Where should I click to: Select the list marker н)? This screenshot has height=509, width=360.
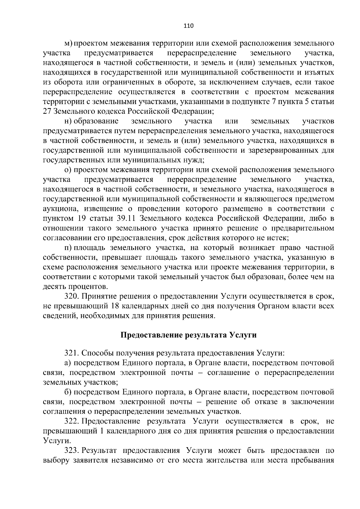click(68, 121)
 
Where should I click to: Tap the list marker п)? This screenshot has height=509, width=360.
click(68, 248)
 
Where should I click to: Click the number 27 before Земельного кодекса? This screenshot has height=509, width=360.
click(47, 112)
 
